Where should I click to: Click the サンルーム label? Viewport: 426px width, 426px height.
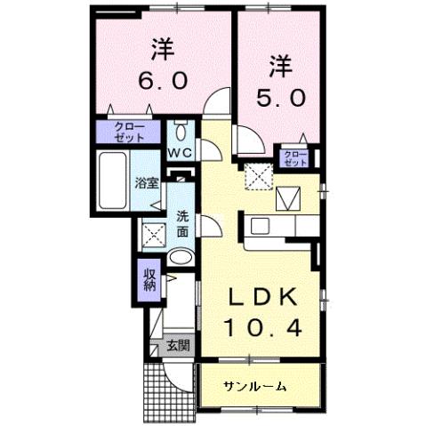[254, 386]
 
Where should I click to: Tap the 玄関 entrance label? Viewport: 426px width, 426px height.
[178, 345]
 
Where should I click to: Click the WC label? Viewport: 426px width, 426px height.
[181, 153]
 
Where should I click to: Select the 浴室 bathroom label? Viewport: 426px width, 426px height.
[146, 185]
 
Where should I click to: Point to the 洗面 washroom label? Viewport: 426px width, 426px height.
[181, 223]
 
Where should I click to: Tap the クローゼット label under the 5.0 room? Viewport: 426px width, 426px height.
[294, 159]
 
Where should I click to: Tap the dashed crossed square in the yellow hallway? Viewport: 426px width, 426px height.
[257, 177]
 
